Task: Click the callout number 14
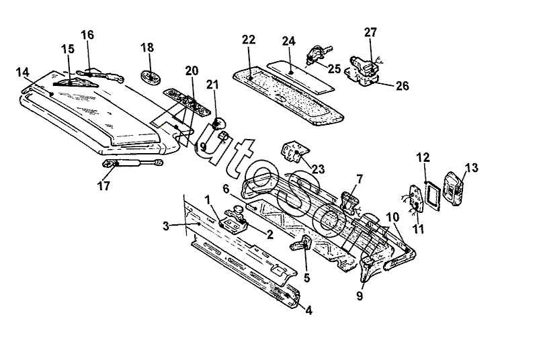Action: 22,73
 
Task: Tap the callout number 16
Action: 87,35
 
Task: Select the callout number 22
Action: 249,40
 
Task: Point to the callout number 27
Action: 370,32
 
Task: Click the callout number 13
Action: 472,168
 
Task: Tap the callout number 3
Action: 166,226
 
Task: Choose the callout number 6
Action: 226,189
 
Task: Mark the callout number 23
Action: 318,169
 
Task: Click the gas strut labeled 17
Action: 133,163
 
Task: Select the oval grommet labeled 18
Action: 151,77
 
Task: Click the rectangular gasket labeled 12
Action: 433,196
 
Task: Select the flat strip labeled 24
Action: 300,76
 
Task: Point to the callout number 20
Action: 192,71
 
